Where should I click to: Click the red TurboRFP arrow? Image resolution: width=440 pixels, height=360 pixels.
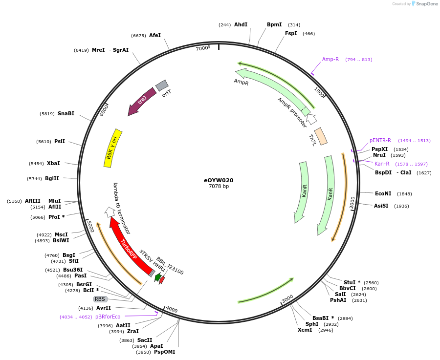point(131,247)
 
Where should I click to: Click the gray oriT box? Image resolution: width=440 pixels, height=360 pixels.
point(162,85)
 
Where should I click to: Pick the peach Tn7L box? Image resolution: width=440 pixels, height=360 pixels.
point(321,136)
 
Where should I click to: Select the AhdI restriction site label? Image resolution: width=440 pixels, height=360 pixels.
point(241,24)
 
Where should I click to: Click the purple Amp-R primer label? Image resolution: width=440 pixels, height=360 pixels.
point(330,60)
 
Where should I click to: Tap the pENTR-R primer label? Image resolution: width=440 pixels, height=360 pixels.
point(380,141)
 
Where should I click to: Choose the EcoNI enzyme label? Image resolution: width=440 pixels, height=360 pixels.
point(383,193)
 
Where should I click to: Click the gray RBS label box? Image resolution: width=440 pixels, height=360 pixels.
point(100,299)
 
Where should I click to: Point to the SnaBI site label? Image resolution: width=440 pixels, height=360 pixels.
point(66,113)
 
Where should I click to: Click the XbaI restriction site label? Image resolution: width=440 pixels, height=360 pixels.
point(53,163)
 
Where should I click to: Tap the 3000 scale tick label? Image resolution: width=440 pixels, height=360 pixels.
point(287,298)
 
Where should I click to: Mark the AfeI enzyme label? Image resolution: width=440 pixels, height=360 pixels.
point(155,35)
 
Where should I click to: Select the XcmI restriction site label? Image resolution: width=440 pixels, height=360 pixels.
point(305,330)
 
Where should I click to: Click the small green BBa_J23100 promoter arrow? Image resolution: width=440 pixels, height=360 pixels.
point(158,277)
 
